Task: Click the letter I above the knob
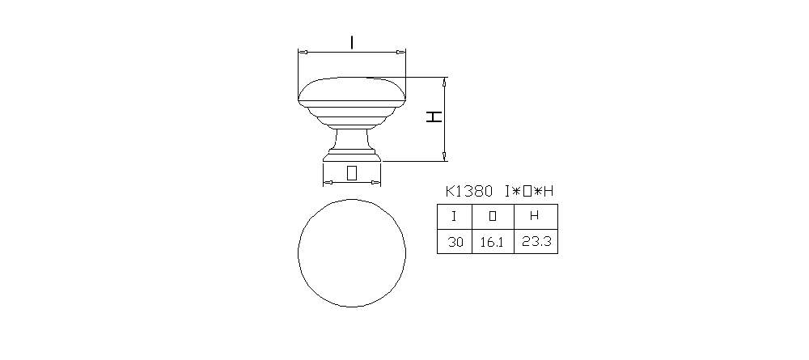pyautogui.click(x=352, y=41)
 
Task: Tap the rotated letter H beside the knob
pyautogui.click(x=435, y=116)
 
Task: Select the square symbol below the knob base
pyautogui.click(x=352, y=172)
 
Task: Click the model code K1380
pyautogui.click(x=469, y=192)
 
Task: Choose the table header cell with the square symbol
pyautogui.click(x=493, y=216)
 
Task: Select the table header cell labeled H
pyautogui.click(x=535, y=216)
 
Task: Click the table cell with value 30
pyautogui.click(x=455, y=241)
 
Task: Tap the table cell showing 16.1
pyautogui.click(x=493, y=241)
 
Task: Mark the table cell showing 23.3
pyautogui.click(x=535, y=241)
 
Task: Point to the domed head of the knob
pyautogui.click(x=352, y=90)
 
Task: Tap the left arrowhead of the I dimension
pyautogui.click(x=302, y=52)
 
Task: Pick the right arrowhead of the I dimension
pyautogui.click(x=403, y=52)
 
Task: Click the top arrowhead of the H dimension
pyautogui.click(x=444, y=81)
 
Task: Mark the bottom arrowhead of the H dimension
pyautogui.click(x=444, y=157)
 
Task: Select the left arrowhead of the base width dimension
pyautogui.click(x=326, y=183)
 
